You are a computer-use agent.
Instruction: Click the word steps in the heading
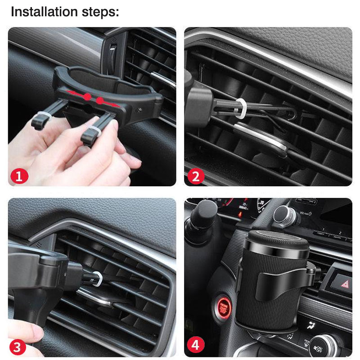[x=98, y=13]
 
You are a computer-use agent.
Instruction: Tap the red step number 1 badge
[x=19, y=175]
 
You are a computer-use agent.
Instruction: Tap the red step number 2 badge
[x=195, y=175]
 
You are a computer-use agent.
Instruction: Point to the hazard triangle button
[x=342, y=283]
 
